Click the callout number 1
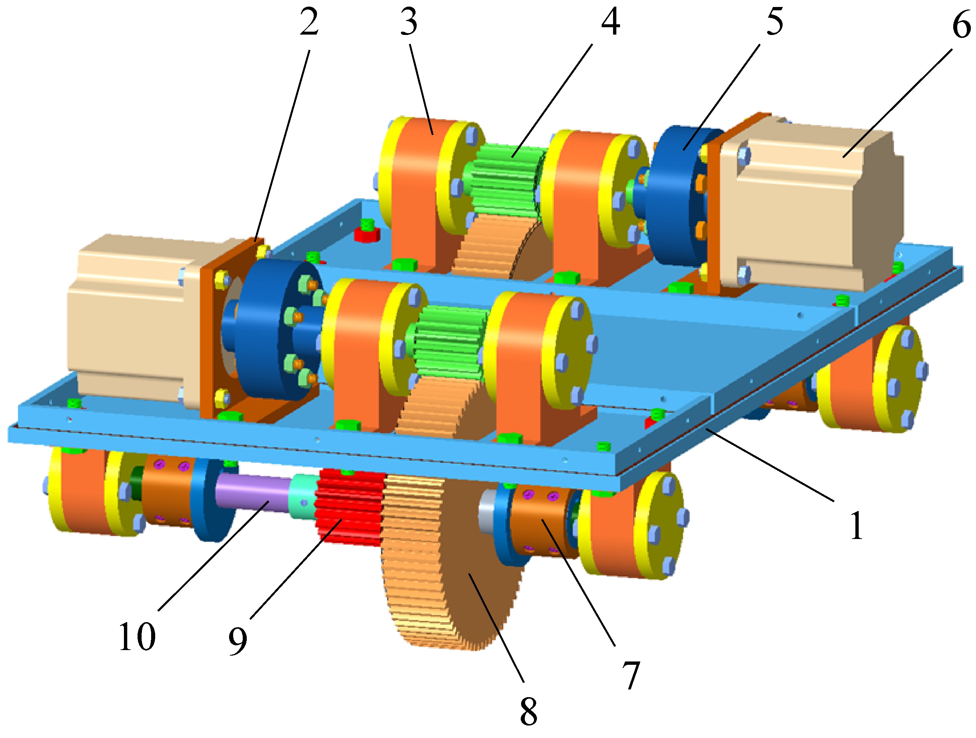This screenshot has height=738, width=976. (x=856, y=525)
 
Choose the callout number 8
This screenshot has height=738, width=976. (x=528, y=712)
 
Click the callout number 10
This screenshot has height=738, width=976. (x=137, y=636)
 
